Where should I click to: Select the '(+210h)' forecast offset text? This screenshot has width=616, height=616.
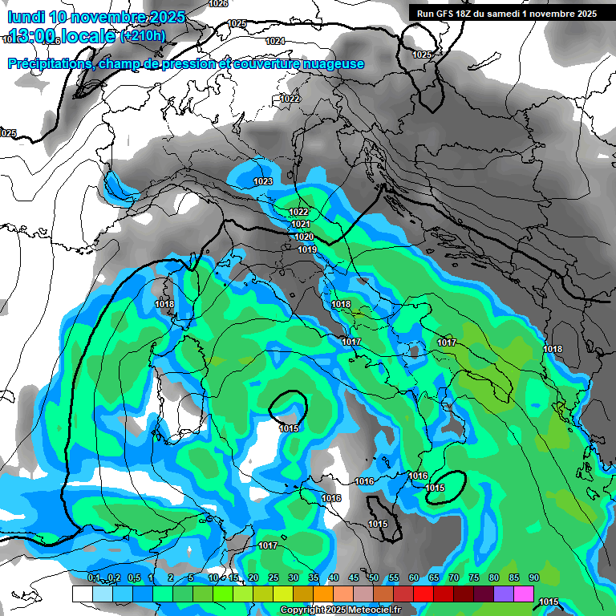coord(143,35)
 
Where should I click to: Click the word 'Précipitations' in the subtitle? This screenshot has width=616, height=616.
coord(51,64)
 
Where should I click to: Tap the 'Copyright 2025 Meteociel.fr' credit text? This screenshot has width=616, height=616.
coord(341,610)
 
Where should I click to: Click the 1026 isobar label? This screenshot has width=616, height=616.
coord(217,4)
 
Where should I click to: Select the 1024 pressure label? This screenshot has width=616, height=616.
coord(275,41)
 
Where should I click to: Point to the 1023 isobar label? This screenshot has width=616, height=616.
coord(263,182)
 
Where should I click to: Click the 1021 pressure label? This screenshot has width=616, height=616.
coord(301,225)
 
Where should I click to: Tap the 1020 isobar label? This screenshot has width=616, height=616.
coord(304,237)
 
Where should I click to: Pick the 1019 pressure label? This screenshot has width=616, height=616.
coord(307,250)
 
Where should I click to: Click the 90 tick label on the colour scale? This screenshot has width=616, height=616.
coord(533,577)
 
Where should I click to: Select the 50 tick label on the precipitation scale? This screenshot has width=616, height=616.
coord(374,577)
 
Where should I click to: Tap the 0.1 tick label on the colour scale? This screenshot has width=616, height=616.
coord(94,577)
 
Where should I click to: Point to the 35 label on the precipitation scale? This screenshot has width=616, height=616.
coord(314,577)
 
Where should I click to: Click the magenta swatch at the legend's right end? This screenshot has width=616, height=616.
coord(524,594)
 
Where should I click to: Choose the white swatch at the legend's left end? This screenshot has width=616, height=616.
coord(82,594)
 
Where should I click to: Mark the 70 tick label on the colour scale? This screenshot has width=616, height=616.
coord(454,577)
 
